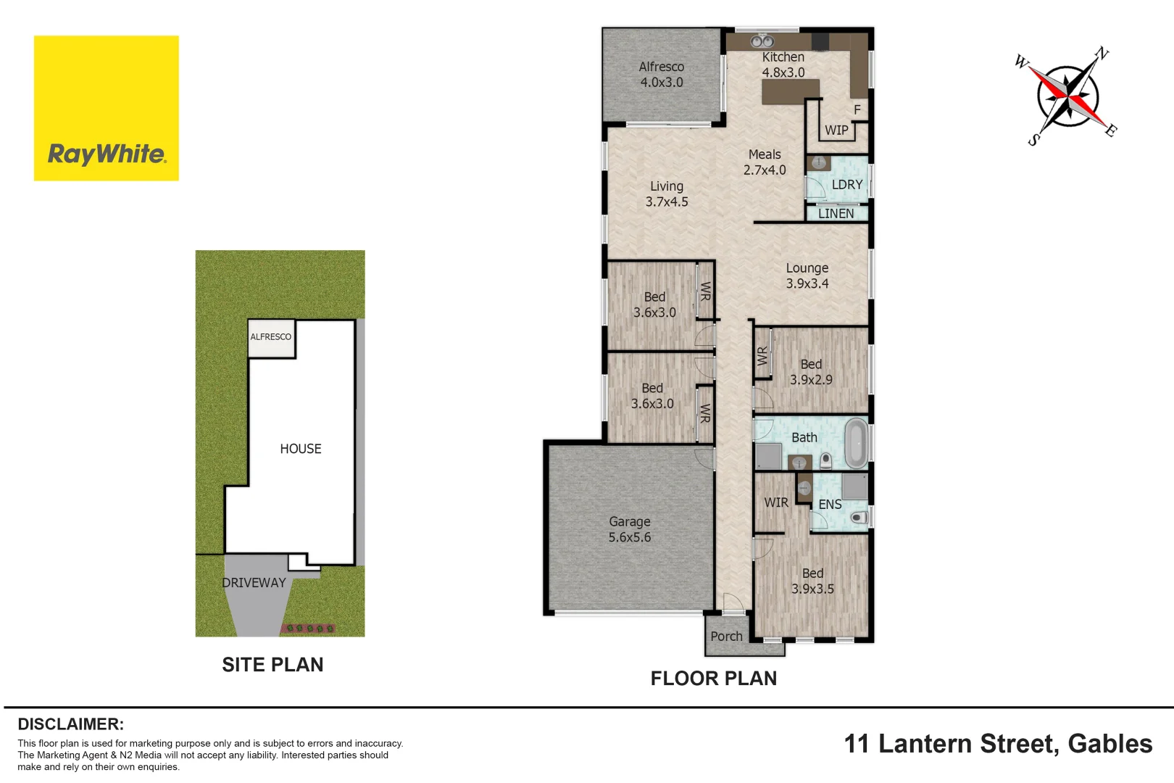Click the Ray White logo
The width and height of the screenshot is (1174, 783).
click(107, 109)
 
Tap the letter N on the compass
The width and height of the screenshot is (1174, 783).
click(1102, 54)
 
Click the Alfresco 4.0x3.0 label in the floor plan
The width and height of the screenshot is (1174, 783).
click(661, 75)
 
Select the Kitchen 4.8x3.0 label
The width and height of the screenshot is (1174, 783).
click(783, 65)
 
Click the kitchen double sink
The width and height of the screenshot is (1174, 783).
click(762, 42)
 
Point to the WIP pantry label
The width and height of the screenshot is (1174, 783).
click(836, 130)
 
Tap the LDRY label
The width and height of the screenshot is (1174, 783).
click(846, 185)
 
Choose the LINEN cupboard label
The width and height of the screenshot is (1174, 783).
click(836, 214)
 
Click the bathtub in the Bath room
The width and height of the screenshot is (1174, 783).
click(856, 442)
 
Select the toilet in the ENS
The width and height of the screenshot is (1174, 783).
click(859, 518)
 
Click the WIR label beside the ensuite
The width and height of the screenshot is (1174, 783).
click(775, 502)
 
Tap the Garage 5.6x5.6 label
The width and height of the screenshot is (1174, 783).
click(629, 530)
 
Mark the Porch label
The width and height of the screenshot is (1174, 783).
click(726, 637)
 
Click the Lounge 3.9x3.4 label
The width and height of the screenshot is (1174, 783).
click(807, 276)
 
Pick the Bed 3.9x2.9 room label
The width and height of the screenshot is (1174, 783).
click(810, 372)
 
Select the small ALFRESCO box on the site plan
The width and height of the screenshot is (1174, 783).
click(271, 338)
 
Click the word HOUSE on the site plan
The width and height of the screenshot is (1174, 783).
click(301, 449)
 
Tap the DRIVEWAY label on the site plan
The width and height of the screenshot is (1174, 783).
click(254, 583)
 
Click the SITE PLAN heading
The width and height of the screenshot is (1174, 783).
click(272, 665)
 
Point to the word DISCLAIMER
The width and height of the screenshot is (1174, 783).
click(70, 724)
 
